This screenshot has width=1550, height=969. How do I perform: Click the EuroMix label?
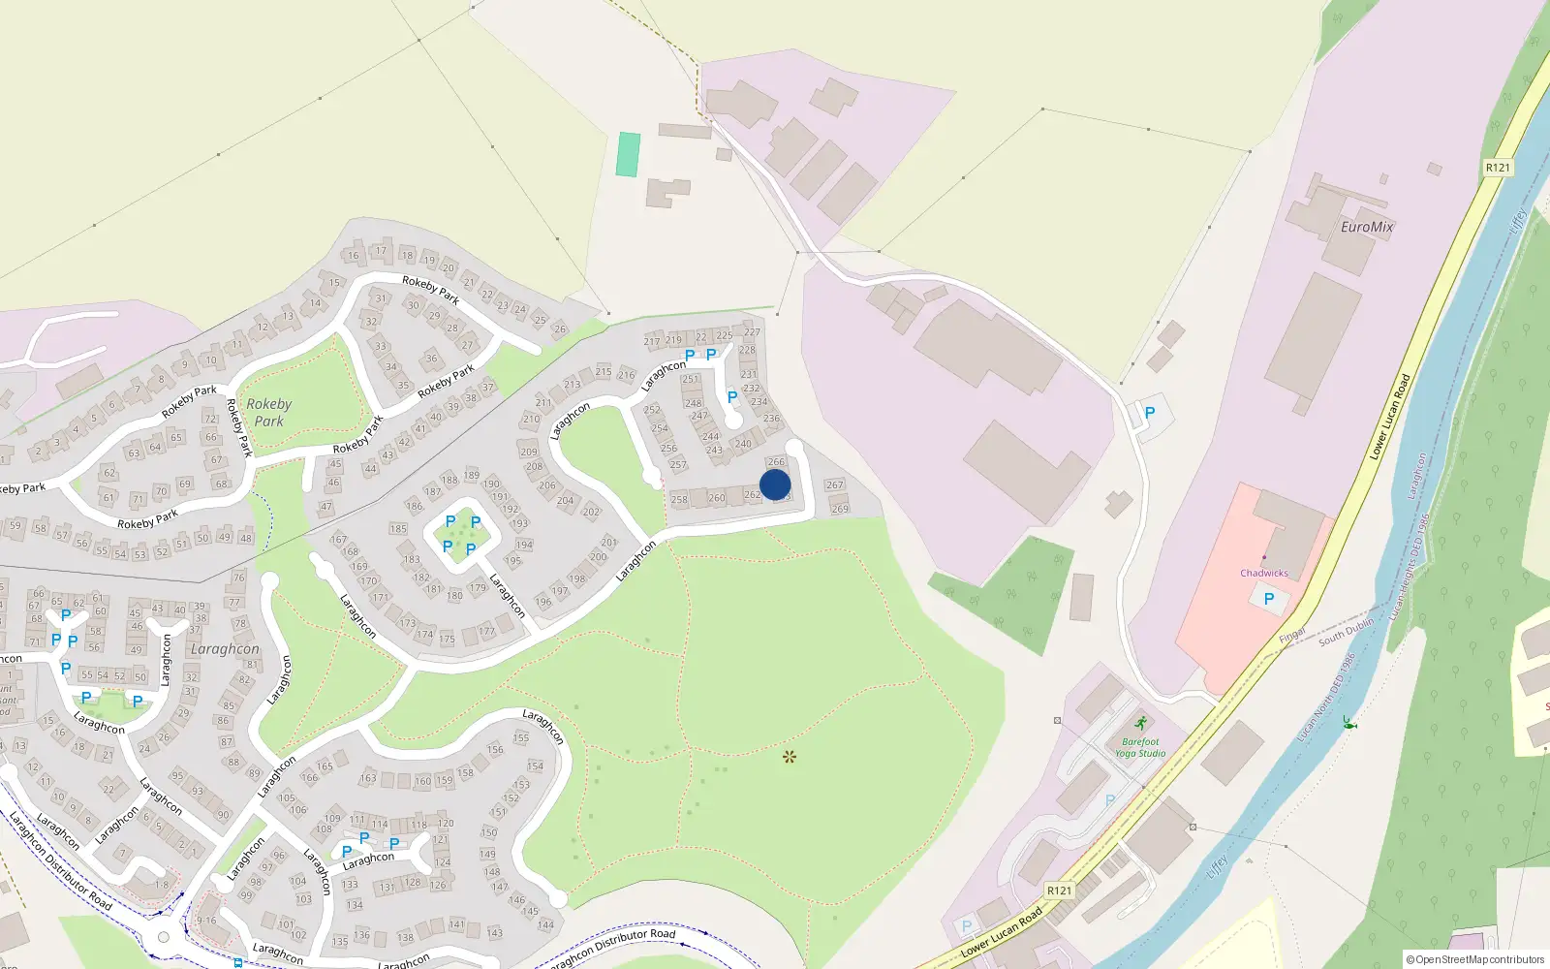1367,227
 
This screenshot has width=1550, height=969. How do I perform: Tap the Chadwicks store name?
1264,573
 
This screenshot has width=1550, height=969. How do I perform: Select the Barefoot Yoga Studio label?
1140,747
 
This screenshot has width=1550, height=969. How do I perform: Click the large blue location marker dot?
775,484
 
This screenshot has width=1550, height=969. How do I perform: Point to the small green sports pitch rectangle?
628,154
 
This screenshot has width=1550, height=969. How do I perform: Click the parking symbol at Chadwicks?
1269,599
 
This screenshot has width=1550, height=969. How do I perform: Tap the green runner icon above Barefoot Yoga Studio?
1141,723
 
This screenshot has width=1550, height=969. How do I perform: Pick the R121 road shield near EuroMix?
1498,168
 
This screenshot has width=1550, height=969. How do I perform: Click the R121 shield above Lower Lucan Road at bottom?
1060,891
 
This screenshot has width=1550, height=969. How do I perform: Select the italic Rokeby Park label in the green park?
268,412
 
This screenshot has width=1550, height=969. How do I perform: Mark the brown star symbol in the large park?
790,757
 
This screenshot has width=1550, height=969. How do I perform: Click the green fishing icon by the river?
1348,723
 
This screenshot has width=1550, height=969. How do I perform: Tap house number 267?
834,484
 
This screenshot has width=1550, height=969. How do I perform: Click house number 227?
752,332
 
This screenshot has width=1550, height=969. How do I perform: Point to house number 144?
546,924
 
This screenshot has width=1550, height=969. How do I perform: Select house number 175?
447,639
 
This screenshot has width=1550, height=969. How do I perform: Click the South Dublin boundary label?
1346,633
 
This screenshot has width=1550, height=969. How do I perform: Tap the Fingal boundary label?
1292,636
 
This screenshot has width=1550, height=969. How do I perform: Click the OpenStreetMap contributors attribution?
1475,959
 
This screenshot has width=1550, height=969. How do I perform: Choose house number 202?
591,512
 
